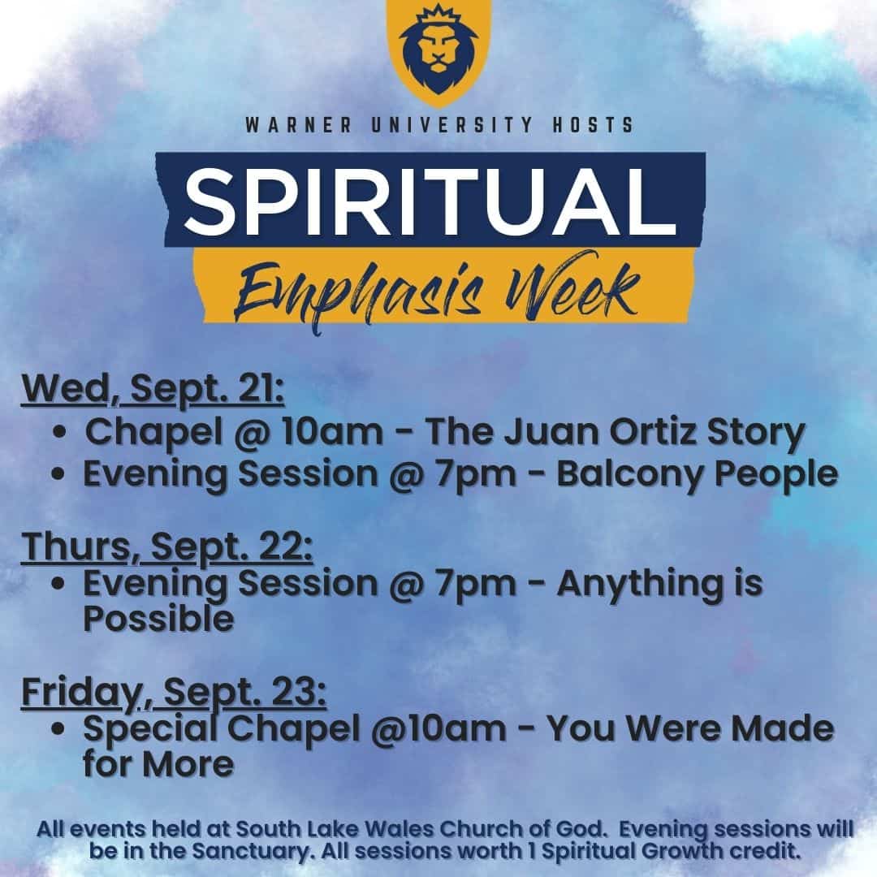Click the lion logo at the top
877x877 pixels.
point(439,50)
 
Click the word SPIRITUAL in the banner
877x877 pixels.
point(430,201)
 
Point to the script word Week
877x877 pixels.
point(572,285)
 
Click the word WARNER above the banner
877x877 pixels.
point(299,125)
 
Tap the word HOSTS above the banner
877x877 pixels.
point(593,125)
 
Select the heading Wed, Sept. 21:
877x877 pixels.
point(153,389)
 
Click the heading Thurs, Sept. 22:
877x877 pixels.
point(166,547)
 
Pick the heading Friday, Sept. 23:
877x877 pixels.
point(174,693)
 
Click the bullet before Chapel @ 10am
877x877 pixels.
point(60,433)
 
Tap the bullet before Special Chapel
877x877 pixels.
point(58,728)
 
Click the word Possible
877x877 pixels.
point(158,619)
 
